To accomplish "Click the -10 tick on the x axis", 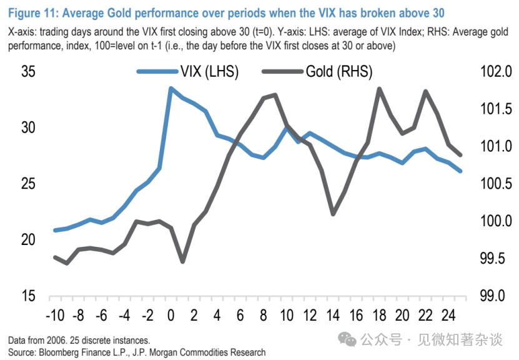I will (56, 314).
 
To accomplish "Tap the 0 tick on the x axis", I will (171, 314).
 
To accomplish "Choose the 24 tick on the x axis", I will (448, 314).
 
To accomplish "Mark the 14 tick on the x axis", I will (333, 314).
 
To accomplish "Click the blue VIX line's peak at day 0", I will (171, 88).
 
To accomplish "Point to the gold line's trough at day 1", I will (182, 261).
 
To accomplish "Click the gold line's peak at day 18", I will (379, 89).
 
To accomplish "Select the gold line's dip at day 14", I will (333, 214).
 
